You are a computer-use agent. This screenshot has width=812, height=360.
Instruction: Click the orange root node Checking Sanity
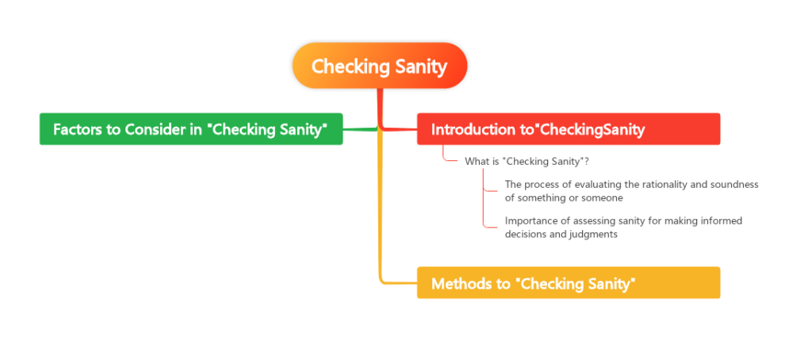[380, 66]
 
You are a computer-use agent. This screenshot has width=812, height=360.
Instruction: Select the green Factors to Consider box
[191, 129]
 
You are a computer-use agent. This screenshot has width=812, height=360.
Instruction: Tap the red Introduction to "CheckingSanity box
[568, 129]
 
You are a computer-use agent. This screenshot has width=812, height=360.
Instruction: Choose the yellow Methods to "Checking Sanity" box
[568, 283]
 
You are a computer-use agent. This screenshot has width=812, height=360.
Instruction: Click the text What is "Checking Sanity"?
[526, 162]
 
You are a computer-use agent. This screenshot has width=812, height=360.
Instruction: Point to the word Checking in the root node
[347, 66]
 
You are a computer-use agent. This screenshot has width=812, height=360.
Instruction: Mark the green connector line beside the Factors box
[361, 129]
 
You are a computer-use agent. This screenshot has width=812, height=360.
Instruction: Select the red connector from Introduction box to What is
[446, 157]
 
